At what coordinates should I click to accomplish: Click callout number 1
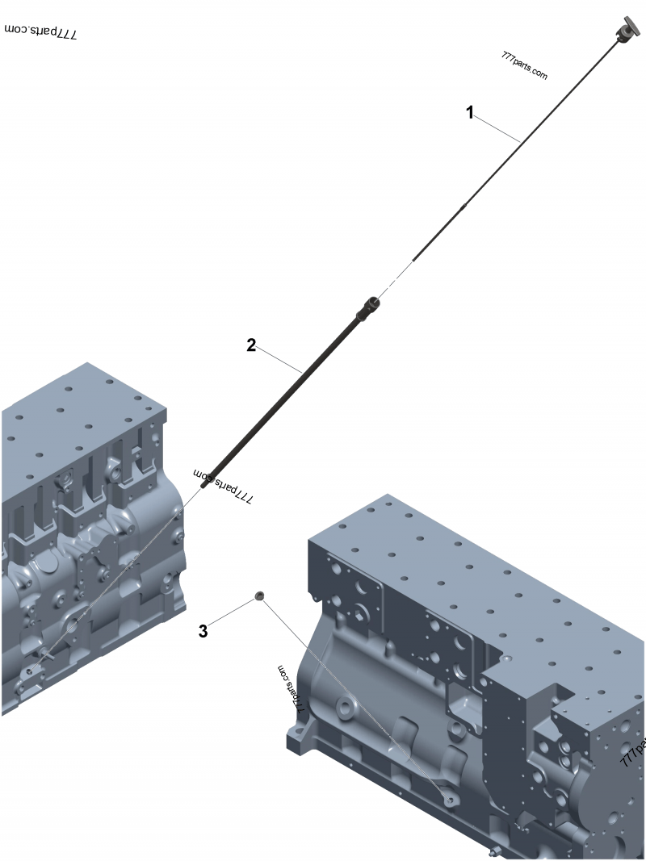[x=470, y=113]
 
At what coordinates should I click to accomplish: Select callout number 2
[x=251, y=345]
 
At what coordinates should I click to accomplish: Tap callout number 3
[x=203, y=631]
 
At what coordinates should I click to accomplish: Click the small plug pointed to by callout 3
[x=259, y=596]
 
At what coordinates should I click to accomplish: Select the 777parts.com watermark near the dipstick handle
[x=524, y=66]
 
